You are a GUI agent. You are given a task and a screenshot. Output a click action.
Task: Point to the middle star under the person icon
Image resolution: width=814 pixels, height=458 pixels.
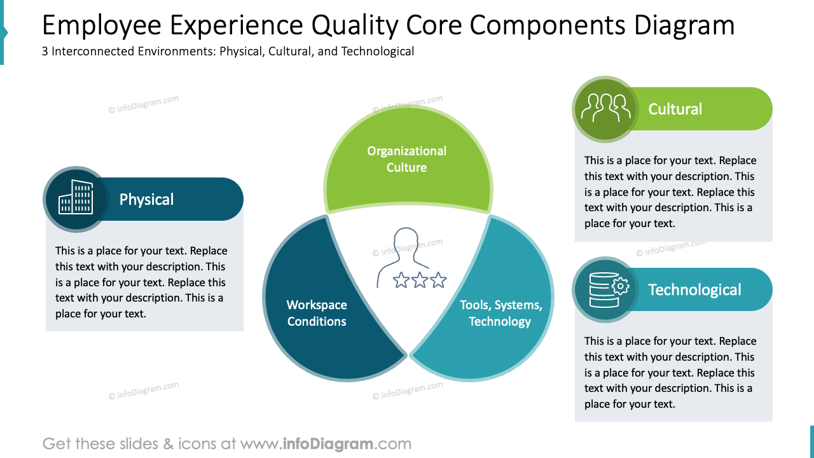click(x=420, y=280)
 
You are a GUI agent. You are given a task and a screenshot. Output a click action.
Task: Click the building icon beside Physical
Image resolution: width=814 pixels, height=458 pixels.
click(x=76, y=198)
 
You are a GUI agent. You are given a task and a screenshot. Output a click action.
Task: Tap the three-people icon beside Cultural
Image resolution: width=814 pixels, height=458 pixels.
click(x=605, y=108)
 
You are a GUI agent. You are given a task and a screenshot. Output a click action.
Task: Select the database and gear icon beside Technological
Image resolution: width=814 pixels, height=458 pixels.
click(x=605, y=289)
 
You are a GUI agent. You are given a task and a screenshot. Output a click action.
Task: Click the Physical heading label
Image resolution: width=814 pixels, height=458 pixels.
click(x=146, y=200)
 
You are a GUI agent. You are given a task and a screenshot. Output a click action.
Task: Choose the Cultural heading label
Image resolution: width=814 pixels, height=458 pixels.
click(x=675, y=109)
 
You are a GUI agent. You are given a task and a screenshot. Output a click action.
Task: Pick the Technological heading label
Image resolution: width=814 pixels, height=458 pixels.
click(x=694, y=290)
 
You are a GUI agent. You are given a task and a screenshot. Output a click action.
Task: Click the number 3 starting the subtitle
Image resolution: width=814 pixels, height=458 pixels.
click(x=45, y=52)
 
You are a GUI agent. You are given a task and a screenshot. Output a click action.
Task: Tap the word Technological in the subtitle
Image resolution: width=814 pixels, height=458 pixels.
click(x=378, y=52)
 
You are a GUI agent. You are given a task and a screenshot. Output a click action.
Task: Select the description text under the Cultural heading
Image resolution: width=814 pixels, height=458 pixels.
click(x=670, y=191)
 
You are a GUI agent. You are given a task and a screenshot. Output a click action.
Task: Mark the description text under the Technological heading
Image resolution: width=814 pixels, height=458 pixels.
click(x=670, y=372)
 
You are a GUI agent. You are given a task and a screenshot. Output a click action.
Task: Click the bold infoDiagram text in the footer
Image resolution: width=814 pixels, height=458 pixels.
click(x=328, y=443)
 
